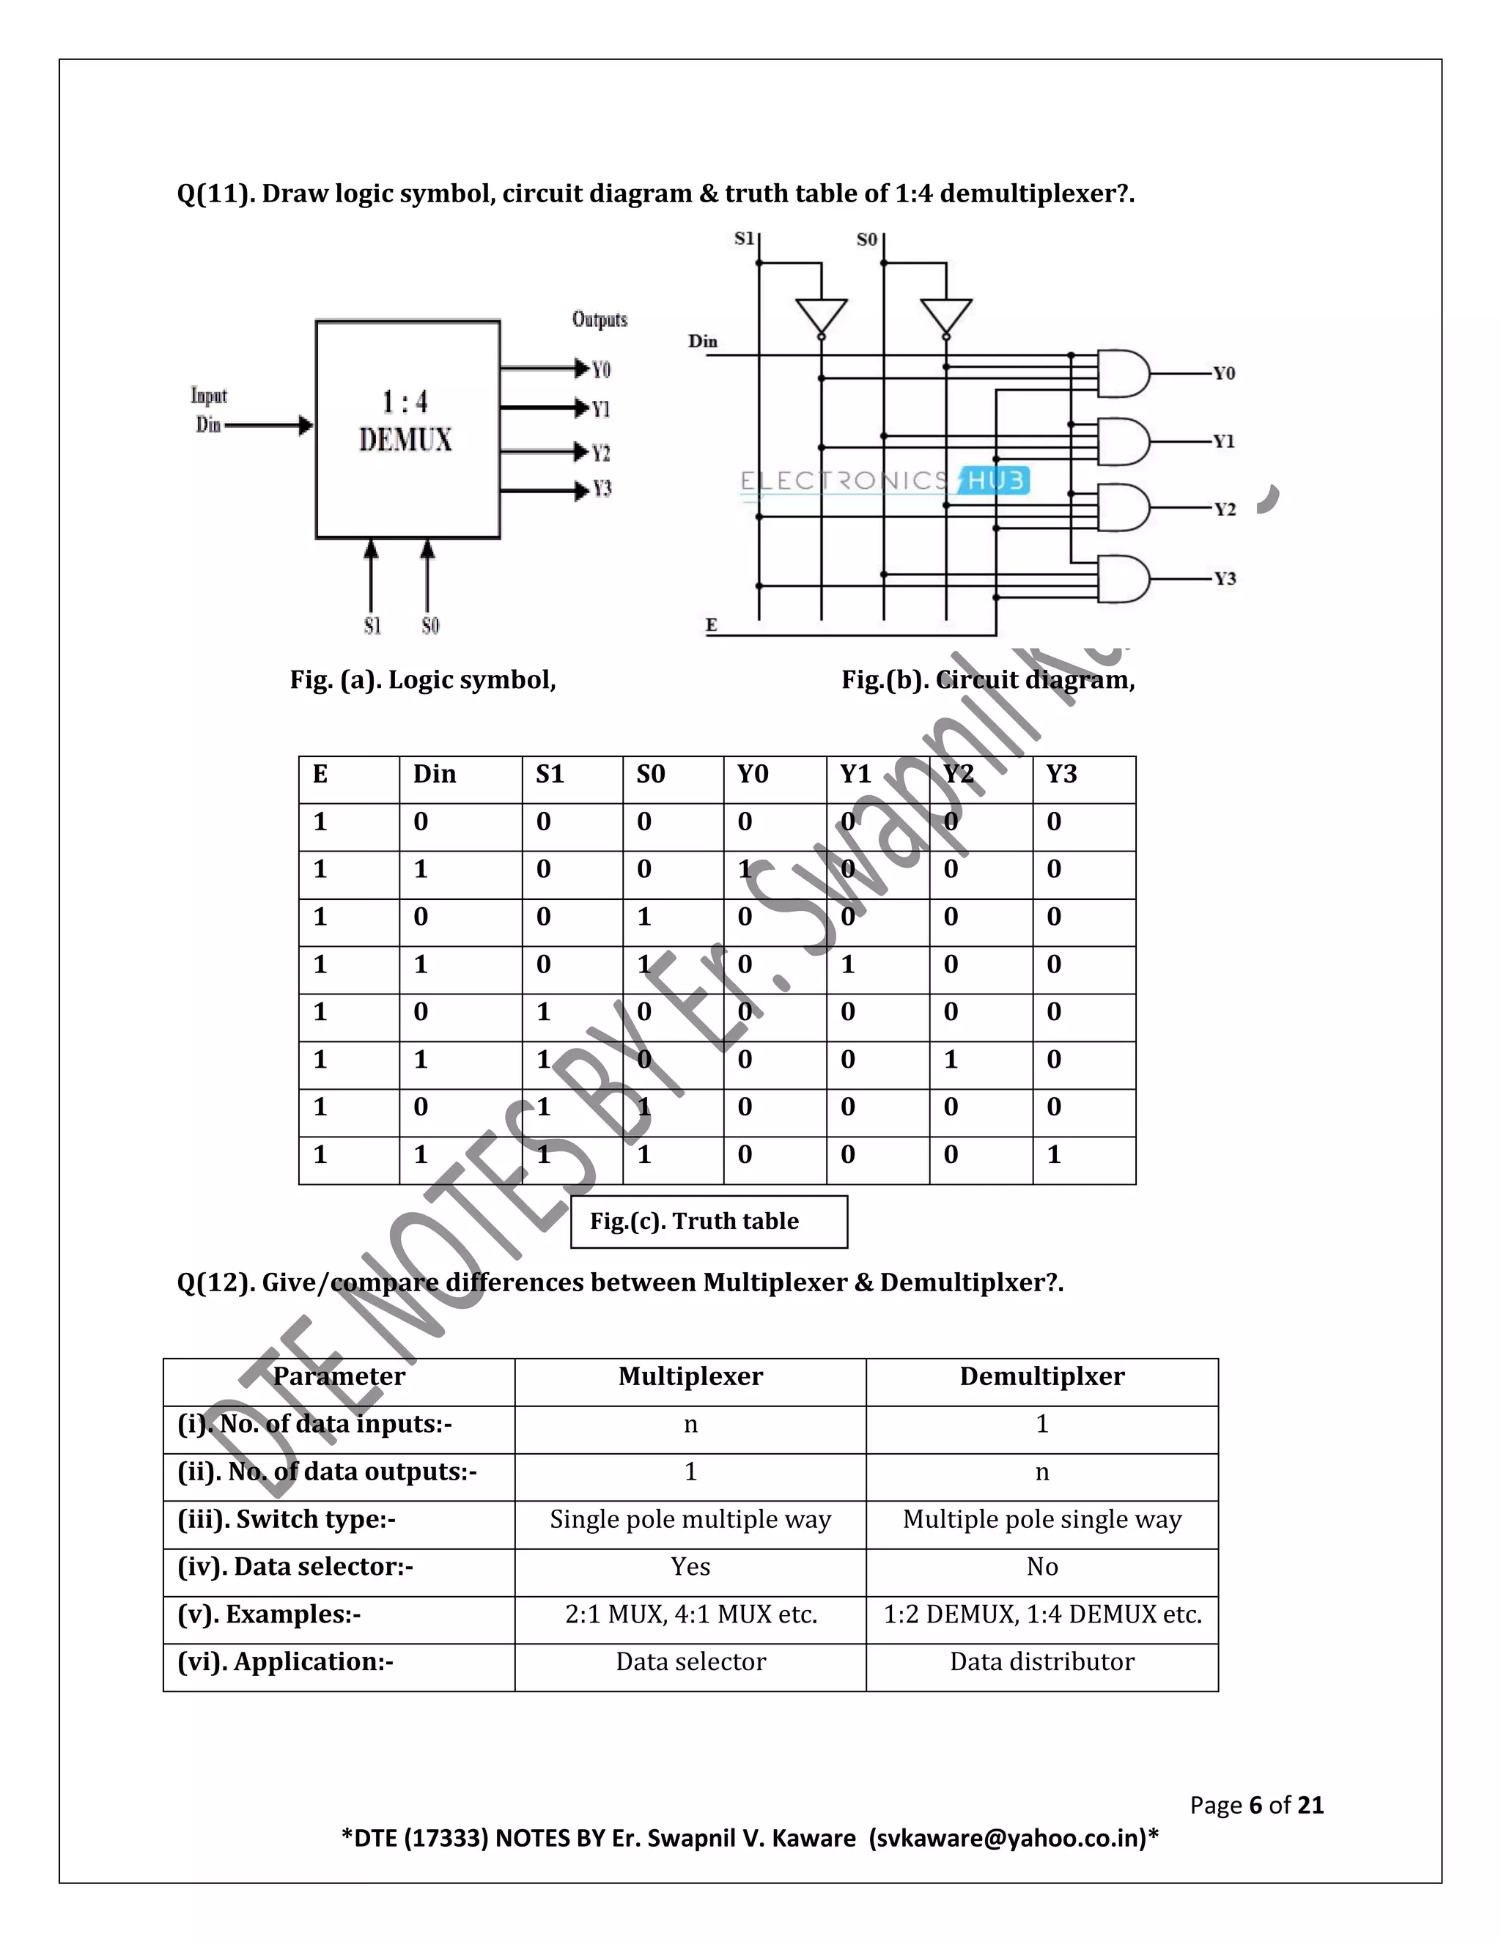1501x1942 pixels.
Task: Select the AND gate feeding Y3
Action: point(1123,579)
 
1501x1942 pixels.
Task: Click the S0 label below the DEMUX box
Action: point(429,626)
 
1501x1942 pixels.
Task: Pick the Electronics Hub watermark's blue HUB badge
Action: point(995,481)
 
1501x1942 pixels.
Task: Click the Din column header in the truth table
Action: point(435,775)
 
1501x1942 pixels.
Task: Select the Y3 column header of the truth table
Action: point(1062,775)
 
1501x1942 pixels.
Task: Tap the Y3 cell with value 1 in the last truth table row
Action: point(1055,1155)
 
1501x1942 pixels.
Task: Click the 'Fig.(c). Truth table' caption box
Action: point(708,1222)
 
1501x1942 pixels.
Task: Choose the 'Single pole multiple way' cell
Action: point(690,1520)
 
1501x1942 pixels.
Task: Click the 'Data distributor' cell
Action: point(1042,1662)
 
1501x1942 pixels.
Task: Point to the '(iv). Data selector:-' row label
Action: point(296,1567)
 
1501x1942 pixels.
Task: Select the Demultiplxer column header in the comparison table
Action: point(1042,1376)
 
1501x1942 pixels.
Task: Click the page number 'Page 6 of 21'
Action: point(1256,1805)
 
